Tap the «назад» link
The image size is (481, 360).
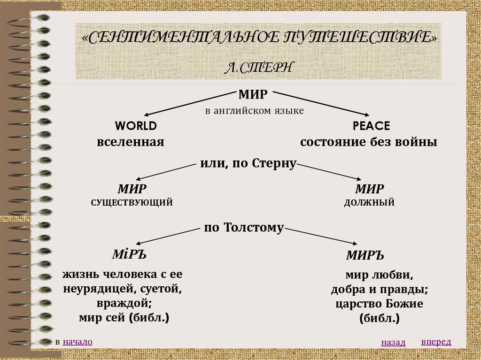(393, 343)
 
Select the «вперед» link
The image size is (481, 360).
(436, 341)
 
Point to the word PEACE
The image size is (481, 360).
(371, 126)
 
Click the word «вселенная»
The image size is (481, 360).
(131, 142)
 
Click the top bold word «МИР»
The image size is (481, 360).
(253, 95)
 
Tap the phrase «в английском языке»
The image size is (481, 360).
(254, 111)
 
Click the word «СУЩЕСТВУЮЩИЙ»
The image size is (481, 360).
(132, 203)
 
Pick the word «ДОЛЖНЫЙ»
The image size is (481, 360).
(369, 203)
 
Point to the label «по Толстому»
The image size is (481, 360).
(244, 228)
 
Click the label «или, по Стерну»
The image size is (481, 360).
(247, 164)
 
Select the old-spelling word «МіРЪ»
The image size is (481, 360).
(129, 254)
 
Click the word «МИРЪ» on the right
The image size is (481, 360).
(365, 256)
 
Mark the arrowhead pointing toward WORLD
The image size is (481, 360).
(147, 114)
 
